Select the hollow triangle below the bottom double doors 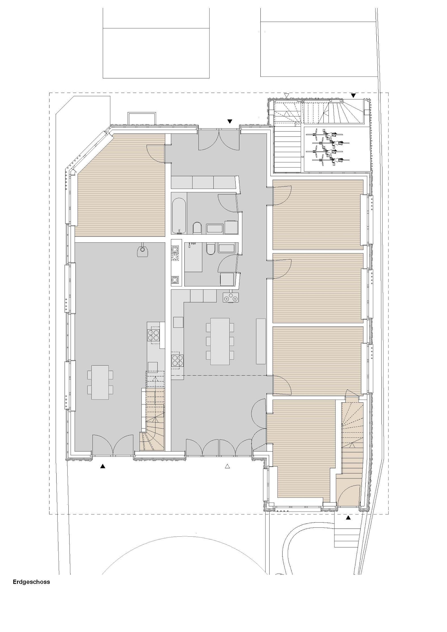point(228,466)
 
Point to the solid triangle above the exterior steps point(348,517)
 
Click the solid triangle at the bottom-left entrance point(103,466)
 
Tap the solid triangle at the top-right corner point(353,96)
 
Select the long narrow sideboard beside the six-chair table point(261,341)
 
